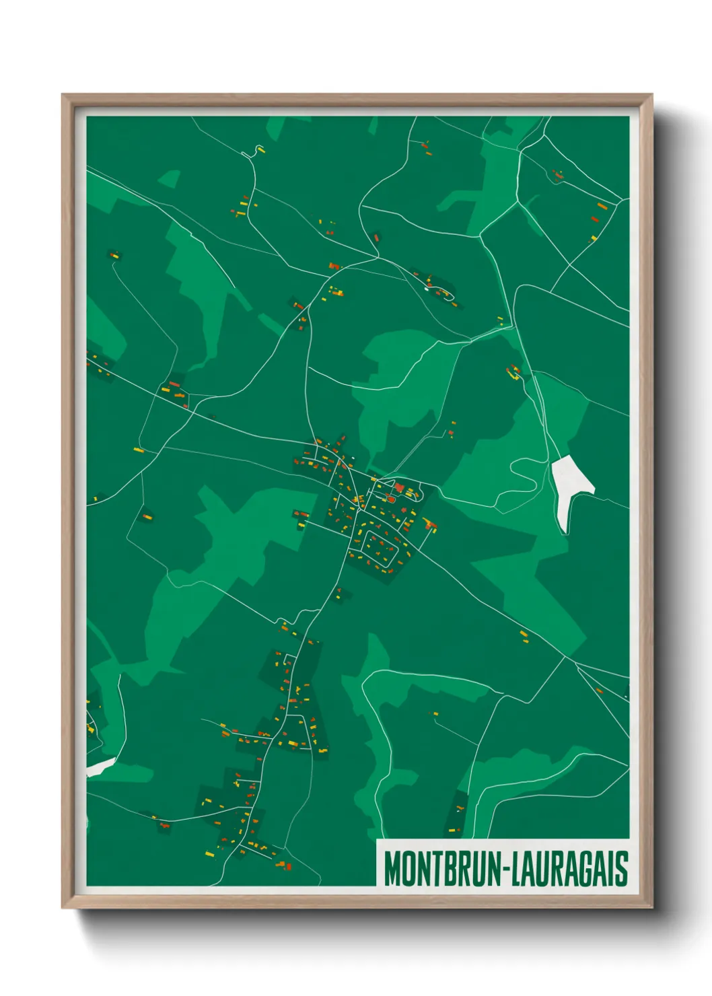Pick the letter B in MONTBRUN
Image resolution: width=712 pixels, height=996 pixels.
coord(449,869)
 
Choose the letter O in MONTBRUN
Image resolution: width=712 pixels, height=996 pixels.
coord(406,869)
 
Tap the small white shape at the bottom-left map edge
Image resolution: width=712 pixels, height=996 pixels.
coord(100,766)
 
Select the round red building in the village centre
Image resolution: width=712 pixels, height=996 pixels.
coord(390,499)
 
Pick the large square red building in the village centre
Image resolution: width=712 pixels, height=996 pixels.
coord(398,487)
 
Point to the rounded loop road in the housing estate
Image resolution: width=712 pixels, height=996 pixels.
coord(382,548)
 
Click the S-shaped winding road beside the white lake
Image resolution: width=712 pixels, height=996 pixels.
coord(522,475)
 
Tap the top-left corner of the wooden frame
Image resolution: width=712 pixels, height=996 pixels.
coord(63,96)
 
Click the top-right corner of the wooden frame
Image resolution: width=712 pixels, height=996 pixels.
coord(651,96)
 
